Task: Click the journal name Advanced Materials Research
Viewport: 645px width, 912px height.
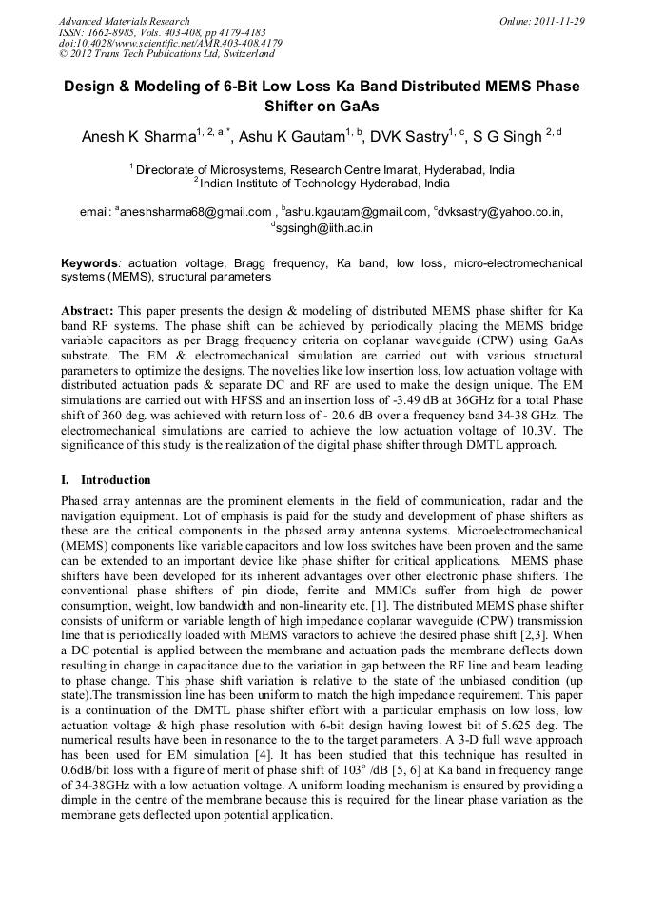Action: point(124,21)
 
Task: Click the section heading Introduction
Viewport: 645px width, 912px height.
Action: point(115,480)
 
